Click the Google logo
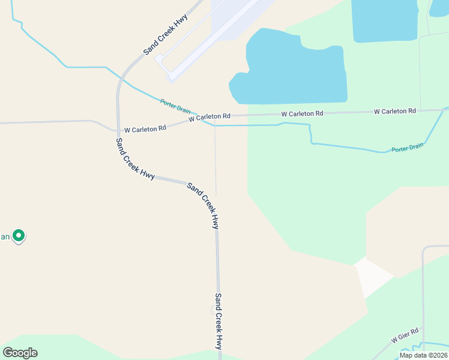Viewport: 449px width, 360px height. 20,353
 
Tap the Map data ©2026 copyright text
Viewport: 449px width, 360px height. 423,355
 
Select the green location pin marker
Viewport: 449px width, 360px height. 19,236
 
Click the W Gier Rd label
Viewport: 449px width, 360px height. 405,335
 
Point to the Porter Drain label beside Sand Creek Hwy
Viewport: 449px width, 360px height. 175,107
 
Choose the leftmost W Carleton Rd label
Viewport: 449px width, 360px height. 145,128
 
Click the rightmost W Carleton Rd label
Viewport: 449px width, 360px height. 394,111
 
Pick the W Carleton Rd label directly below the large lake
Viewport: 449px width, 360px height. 302,113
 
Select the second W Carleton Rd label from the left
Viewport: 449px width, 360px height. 209,118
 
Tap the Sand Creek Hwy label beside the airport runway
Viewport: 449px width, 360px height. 166,34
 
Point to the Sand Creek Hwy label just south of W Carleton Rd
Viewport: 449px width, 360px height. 136,159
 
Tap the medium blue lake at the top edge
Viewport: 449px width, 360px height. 384,20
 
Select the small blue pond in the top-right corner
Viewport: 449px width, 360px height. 439,7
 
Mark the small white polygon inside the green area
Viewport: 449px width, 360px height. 373,276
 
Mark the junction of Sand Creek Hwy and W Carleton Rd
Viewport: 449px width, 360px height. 118,130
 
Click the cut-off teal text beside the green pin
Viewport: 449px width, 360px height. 5,236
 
